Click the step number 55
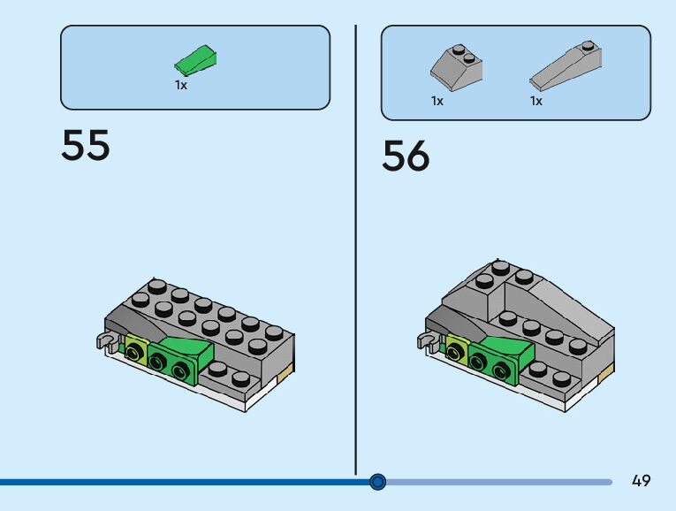[x=86, y=145]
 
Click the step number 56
[x=406, y=156]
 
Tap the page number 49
[x=641, y=480]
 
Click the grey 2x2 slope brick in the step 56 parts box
[x=456, y=68]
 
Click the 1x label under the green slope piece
[x=181, y=86]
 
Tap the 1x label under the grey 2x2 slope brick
[x=437, y=101]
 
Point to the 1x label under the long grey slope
[x=535, y=101]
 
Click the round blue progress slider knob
[x=377, y=482]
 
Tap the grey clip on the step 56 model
[x=427, y=340]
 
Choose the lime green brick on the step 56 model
[x=457, y=347]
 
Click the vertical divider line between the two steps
[x=356, y=250]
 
